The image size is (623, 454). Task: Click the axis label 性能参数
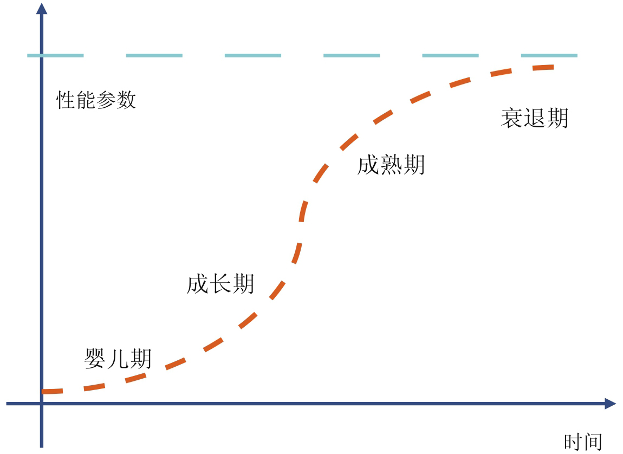click(96, 101)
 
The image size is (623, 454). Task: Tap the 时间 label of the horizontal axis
click(583, 442)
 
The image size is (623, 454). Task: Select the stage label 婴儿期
click(118, 359)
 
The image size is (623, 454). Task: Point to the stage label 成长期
click(220, 284)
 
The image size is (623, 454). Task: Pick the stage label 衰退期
click(535, 118)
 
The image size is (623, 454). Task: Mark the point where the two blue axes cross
click(41, 404)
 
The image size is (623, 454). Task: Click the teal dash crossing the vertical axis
click(55, 55)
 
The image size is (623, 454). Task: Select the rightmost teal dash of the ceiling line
click(549, 55)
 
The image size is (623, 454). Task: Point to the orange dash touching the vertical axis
click(53, 391)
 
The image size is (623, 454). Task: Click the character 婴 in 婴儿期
click(95, 359)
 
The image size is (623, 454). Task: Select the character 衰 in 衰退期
click(511, 118)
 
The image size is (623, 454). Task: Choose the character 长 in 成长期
click(220, 284)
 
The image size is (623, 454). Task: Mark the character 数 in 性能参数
click(126, 101)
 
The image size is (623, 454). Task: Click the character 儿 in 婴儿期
click(118, 359)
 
